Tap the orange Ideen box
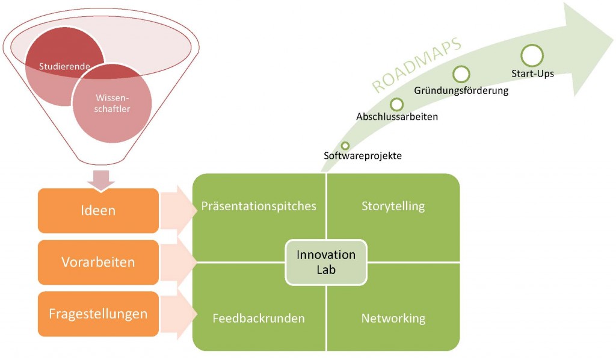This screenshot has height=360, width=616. click(98, 211)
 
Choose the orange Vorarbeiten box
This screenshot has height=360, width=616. click(98, 262)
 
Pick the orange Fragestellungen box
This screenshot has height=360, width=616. click(98, 314)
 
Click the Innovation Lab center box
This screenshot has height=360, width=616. click(326, 262)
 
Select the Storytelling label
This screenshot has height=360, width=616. click(393, 206)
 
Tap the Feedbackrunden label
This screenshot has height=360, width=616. click(259, 318)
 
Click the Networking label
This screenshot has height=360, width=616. click(393, 318)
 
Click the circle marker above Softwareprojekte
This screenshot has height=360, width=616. click(345, 145)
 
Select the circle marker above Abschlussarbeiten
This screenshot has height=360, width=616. click(397, 104)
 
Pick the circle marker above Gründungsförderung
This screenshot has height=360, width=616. click(461, 75)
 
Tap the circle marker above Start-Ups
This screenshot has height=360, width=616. click(532, 55)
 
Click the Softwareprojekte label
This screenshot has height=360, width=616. click(362, 156)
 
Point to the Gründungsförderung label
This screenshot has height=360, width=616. click(461, 91)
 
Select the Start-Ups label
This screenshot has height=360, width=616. click(532, 74)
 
